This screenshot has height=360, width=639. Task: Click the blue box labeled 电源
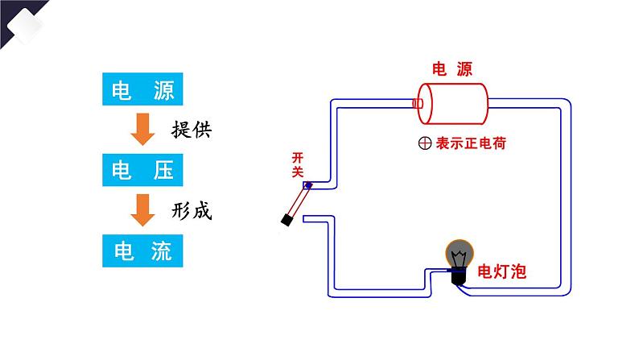click(144, 89)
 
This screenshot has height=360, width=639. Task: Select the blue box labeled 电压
click(144, 169)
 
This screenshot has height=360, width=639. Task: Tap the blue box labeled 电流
click(144, 250)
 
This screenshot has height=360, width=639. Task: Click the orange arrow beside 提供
click(143, 129)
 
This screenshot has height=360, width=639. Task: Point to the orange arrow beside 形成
click(143, 210)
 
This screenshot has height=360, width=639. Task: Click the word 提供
click(192, 129)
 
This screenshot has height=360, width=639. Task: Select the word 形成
click(192, 211)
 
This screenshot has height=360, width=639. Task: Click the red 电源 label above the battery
click(451, 70)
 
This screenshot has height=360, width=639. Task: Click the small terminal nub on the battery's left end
click(417, 103)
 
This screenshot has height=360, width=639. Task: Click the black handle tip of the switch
click(287, 218)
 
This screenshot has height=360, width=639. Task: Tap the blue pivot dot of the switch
click(307, 186)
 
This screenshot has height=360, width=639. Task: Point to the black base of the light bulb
click(458, 277)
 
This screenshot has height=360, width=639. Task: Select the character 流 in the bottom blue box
click(163, 250)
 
